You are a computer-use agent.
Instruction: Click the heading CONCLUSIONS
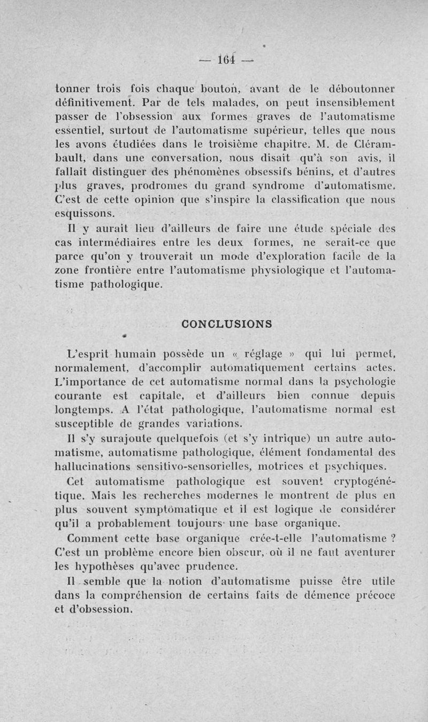[x=227, y=323]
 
